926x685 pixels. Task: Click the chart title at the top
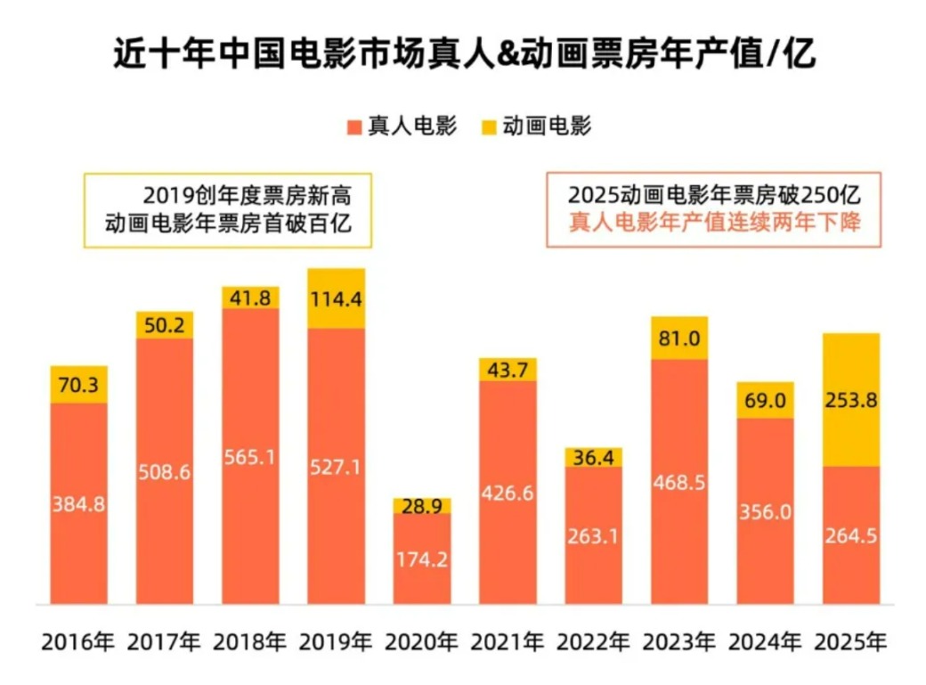463,55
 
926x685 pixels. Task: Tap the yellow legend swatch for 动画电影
487,126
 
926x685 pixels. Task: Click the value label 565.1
250,455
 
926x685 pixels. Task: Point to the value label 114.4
336,298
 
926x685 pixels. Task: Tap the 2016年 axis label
78,641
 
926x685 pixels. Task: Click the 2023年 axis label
679,641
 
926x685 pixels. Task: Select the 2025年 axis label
851,641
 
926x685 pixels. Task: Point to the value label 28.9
422,506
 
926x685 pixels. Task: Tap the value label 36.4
594,458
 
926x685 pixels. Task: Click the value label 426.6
508,493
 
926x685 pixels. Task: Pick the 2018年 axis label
250,641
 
